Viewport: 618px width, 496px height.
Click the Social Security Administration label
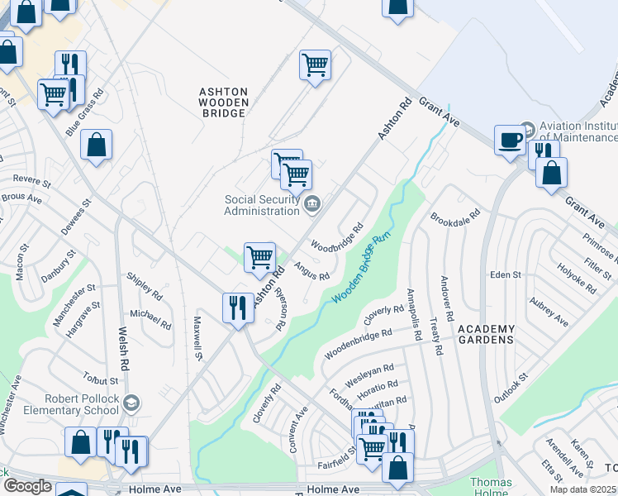[x=263, y=204]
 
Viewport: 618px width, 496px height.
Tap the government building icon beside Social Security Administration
[x=313, y=203]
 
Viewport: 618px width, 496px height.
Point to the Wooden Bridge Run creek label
[x=360, y=268]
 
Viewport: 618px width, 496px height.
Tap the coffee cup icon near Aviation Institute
[x=510, y=139]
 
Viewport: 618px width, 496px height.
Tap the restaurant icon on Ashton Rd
[x=238, y=308]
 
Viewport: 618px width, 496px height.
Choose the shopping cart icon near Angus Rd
[x=259, y=257]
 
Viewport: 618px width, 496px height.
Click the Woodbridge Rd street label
[x=337, y=236]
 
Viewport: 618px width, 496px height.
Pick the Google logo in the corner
[x=27, y=486]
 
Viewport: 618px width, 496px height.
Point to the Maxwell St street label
[x=197, y=337]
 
